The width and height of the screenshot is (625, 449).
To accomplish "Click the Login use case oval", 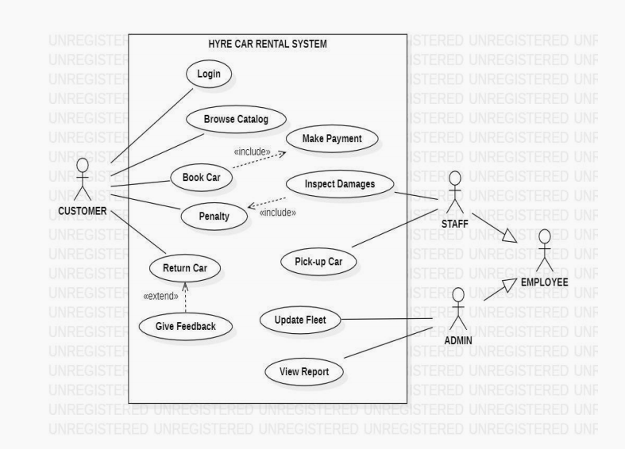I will (x=209, y=75).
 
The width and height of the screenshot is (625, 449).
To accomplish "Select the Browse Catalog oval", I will (x=237, y=120).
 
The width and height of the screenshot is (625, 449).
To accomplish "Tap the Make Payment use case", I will (x=332, y=139).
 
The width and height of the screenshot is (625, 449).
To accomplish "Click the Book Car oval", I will (x=201, y=177).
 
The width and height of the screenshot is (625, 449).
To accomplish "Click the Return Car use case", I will (x=185, y=268).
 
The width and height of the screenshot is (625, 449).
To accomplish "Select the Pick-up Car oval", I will (x=318, y=261).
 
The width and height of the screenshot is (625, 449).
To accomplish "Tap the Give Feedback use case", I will (x=185, y=325).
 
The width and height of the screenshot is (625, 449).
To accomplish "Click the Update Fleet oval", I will (x=301, y=320).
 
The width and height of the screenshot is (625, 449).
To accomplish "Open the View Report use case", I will (x=304, y=370).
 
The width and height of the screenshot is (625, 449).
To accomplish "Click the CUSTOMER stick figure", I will (x=82, y=180).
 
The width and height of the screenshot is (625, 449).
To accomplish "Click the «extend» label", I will (x=160, y=296).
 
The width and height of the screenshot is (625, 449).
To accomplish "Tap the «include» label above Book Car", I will (x=252, y=152).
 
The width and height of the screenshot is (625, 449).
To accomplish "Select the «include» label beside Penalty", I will (x=278, y=212).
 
